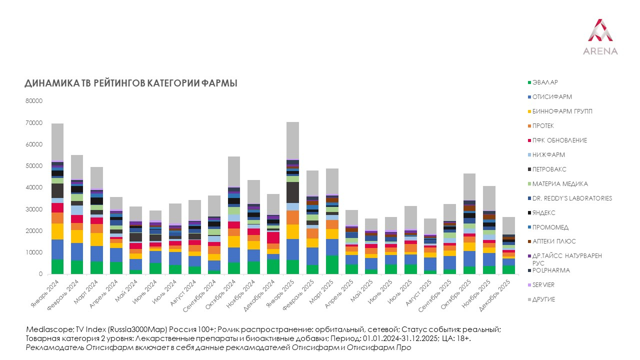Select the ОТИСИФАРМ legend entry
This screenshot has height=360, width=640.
(551, 96)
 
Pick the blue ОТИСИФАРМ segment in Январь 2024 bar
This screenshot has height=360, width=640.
(57, 249)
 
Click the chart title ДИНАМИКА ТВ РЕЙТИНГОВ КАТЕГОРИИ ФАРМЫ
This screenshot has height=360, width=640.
(131, 83)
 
